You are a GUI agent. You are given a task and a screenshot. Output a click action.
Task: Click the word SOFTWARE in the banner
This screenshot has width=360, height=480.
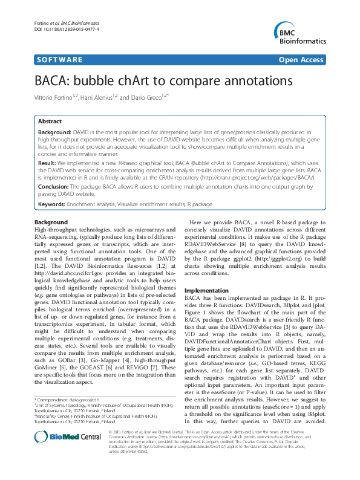(x=60, y=60)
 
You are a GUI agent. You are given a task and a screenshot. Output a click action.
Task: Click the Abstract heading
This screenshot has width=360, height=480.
(x=51, y=121)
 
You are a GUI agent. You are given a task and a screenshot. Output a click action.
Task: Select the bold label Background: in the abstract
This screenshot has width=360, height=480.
(x=54, y=131)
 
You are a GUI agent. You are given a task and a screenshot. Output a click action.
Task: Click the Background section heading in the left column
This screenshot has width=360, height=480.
(x=51, y=222)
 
